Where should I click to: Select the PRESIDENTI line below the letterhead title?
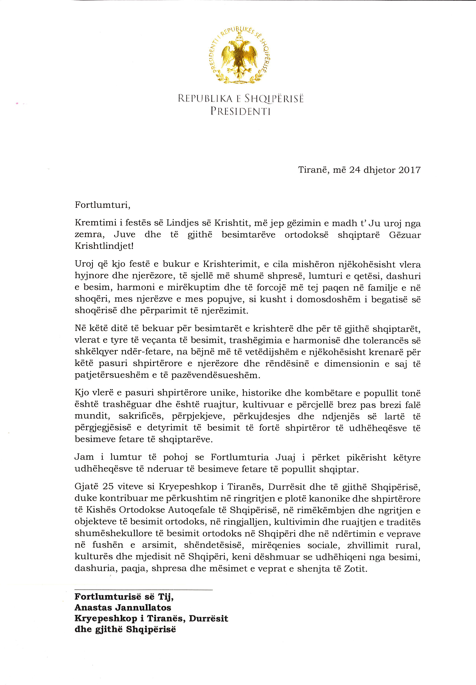click(x=240, y=111)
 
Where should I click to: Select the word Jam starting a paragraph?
click(x=84, y=457)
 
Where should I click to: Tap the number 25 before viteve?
click(x=109, y=487)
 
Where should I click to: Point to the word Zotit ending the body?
click(x=355, y=568)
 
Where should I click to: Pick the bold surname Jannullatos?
click(x=143, y=607)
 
